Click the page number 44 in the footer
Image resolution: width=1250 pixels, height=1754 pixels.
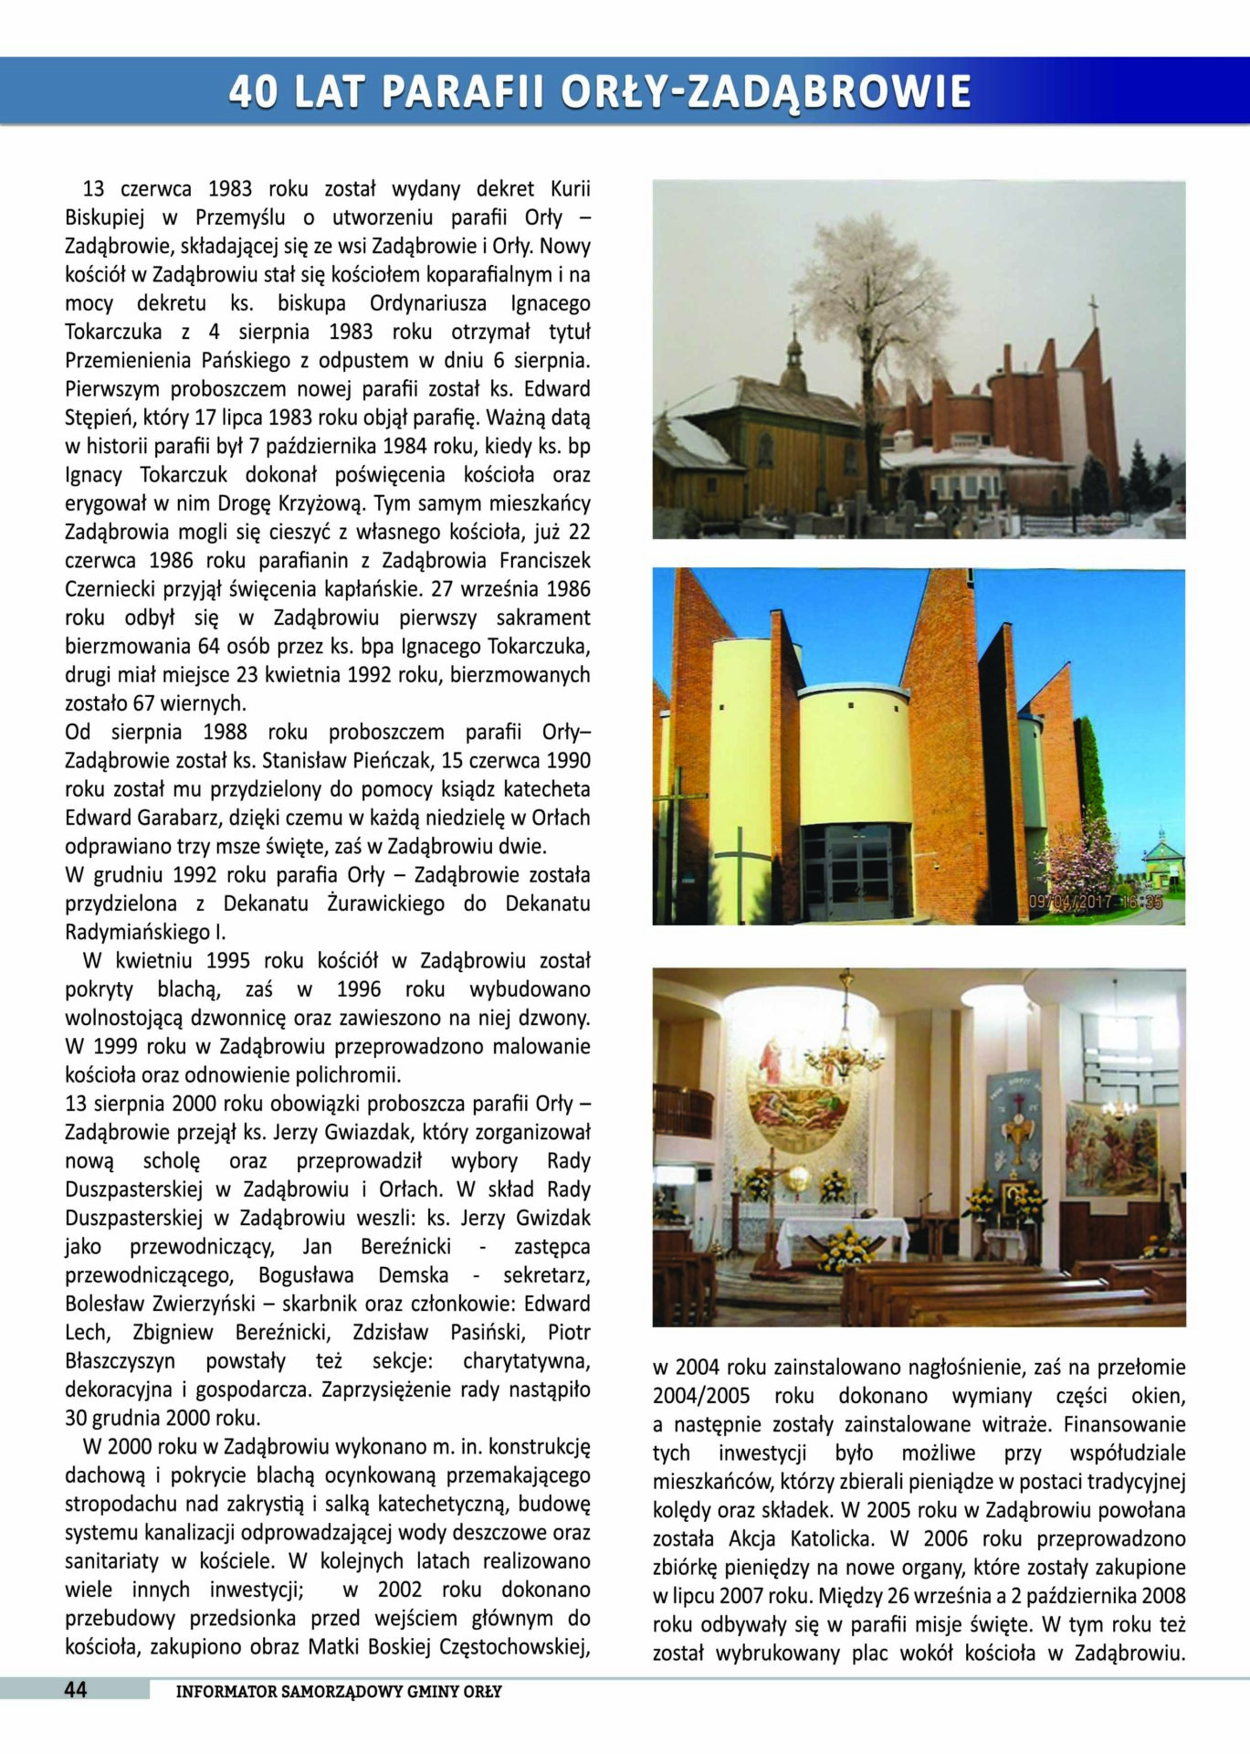[x=75, y=1690]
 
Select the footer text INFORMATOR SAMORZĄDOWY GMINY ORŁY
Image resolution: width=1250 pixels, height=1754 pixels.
[x=339, y=1691]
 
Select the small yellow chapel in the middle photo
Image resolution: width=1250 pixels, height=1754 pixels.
[x=1162, y=863]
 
